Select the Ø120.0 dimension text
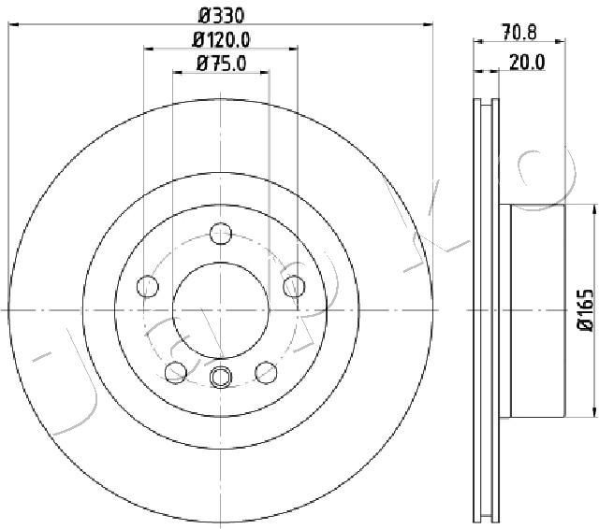[x=222, y=39]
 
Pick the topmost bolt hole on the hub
[x=221, y=233]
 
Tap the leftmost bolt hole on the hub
[x=147, y=285]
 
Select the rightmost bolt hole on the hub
[x=294, y=285]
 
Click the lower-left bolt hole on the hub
[x=175, y=373]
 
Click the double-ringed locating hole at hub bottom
[x=221, y=376]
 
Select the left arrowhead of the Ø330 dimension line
[x=13, y=27]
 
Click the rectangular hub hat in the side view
[x=537, y=310]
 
